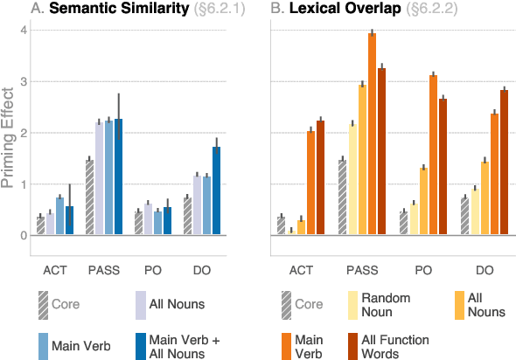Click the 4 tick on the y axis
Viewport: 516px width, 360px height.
pos(24,31)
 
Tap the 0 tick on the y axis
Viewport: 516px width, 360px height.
pos(24,236)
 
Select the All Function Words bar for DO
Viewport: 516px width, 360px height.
pos(504,163)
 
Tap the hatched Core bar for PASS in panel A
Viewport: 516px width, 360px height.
pos(89,197)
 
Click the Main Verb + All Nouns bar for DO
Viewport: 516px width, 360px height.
pos(216,191)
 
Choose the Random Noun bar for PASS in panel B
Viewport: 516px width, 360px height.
pos(352,180)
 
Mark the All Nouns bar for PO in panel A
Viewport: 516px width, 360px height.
pos(148,219)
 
